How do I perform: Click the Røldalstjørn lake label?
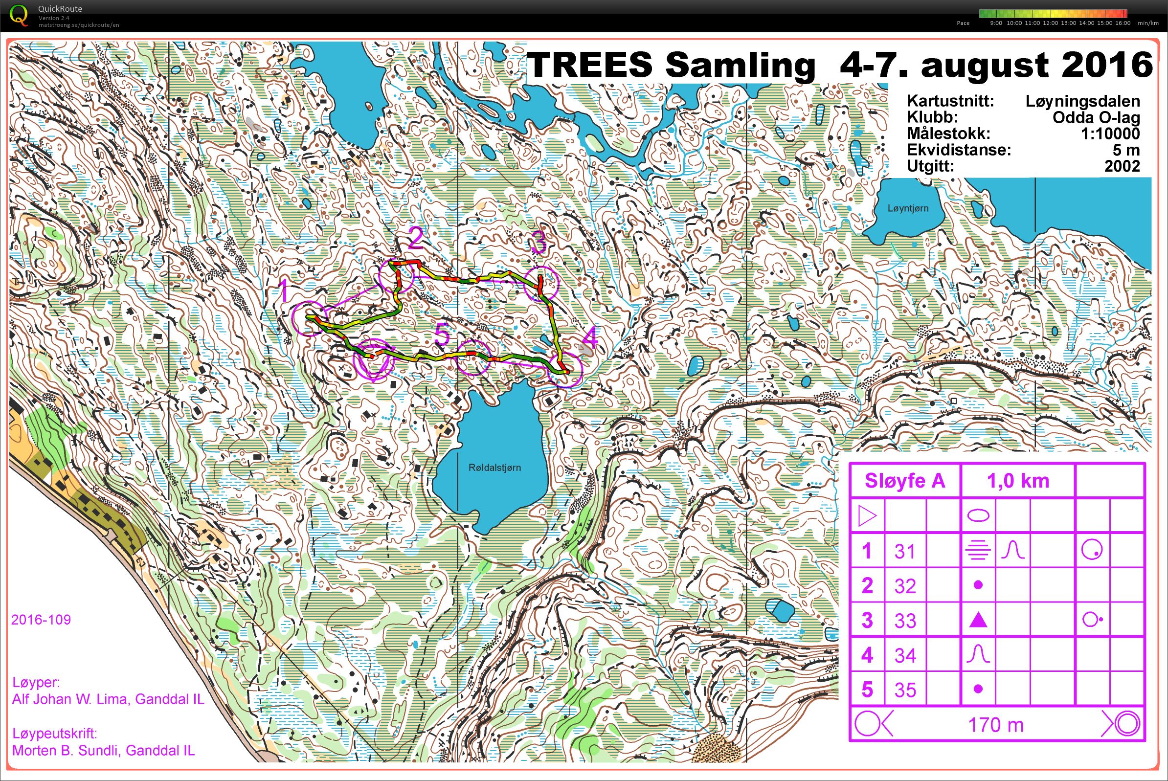click(x=494, y=467)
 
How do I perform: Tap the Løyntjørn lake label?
click(x=907, y=208)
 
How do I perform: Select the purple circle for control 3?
click(x=541, y=283)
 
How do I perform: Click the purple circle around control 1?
click(x=309, y=319)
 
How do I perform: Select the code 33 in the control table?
click(x=904, y=621)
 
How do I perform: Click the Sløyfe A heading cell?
click(x=904, y=481)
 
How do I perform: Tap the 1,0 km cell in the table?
click(x=1017, y=481)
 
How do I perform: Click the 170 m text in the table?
click(x=996, y=725)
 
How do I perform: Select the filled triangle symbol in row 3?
click(x=978, y=620)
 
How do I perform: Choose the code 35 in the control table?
click(x=904, y=690)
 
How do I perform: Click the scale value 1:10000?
click(x=1110, y=134)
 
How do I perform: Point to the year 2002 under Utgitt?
click(x=1122, y=166)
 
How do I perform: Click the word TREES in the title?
click(x=589, y=65)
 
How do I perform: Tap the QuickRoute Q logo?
click(x=19, y=15)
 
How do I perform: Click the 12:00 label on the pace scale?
click(x=1050, y=23)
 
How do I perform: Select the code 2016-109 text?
click(x=41, y=620)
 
